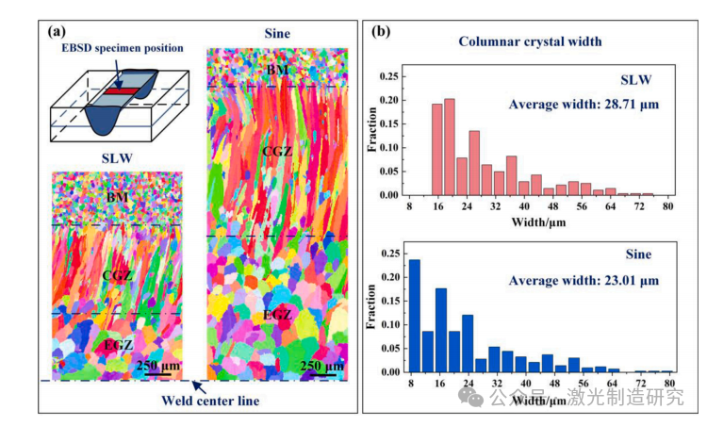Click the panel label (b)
[x=380, y=30]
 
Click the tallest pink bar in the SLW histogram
[x=449, y=147]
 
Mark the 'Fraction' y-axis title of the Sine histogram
[x=374, y=309]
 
